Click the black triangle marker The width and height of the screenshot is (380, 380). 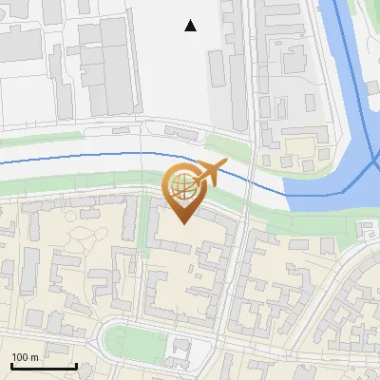[191, 26]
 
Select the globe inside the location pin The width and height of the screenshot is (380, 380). [182, 183]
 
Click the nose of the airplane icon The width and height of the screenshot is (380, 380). [225, 165]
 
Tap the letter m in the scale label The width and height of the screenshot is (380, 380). [34, 357]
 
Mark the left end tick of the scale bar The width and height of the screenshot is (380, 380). [10, 366]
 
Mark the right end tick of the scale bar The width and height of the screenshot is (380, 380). [76, 366]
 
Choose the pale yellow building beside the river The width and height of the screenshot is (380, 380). [302, 147]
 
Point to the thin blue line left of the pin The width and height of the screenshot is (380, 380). [76, 159]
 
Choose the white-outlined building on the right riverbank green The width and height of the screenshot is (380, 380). [367, 227]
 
